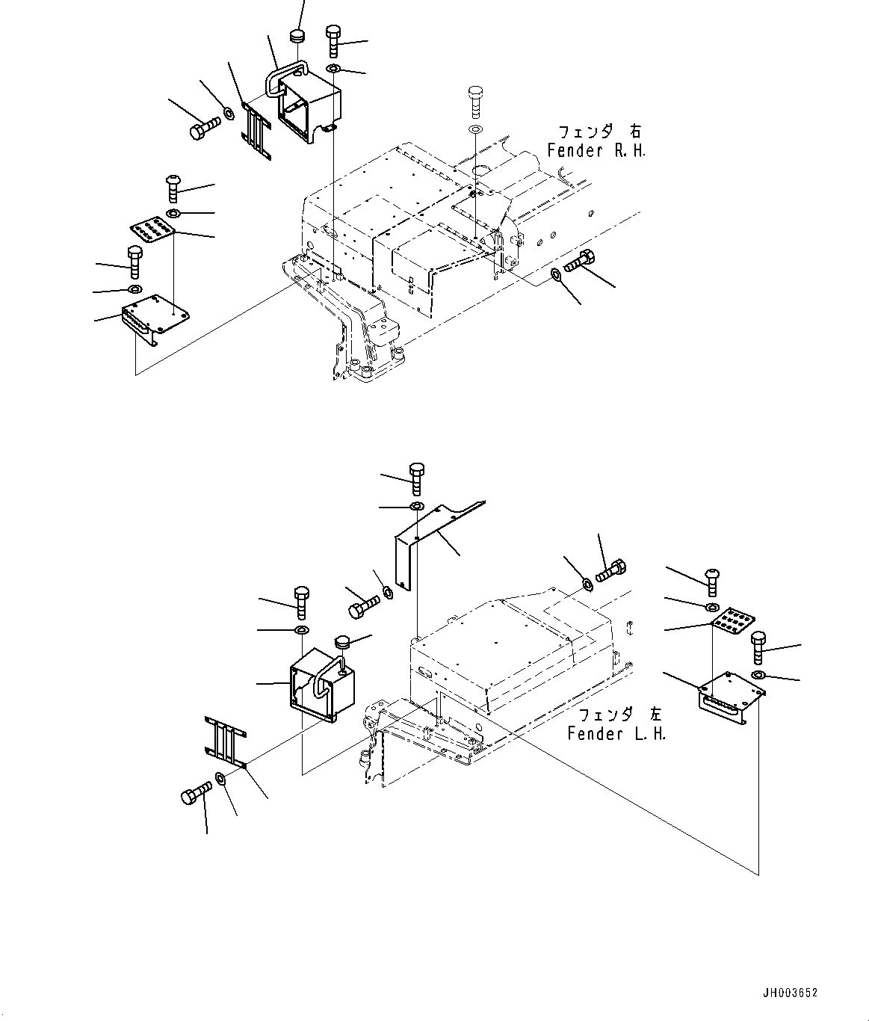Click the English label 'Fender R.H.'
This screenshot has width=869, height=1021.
coord(596,150)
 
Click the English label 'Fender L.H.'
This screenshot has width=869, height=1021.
coord(616,733)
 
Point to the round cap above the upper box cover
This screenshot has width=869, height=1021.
coord(297,37)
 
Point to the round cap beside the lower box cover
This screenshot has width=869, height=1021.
coord(344,641)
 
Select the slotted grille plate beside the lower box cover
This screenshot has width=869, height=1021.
coord(225,741)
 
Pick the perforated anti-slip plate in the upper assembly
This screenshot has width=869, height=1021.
coord(152,230)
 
